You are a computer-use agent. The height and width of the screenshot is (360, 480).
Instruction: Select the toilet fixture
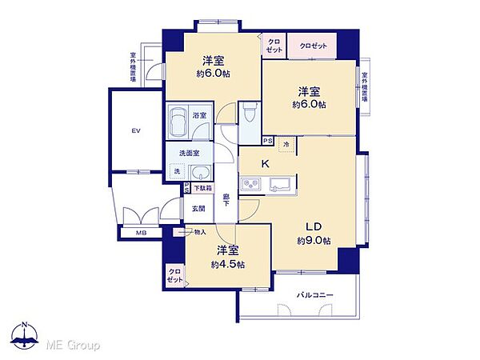click(249, 114)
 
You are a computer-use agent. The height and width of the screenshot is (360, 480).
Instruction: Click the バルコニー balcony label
click(317, 295)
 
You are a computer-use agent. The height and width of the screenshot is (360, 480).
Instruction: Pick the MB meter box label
click(142, 234)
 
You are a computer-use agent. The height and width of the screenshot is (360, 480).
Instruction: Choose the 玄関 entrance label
click(198, 210)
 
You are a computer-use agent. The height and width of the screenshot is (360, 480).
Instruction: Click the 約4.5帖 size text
click(228, 264)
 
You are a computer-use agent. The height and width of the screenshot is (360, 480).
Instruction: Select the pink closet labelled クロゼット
click(314, 46)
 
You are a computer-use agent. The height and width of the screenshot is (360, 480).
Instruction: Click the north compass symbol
click(26, 339)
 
